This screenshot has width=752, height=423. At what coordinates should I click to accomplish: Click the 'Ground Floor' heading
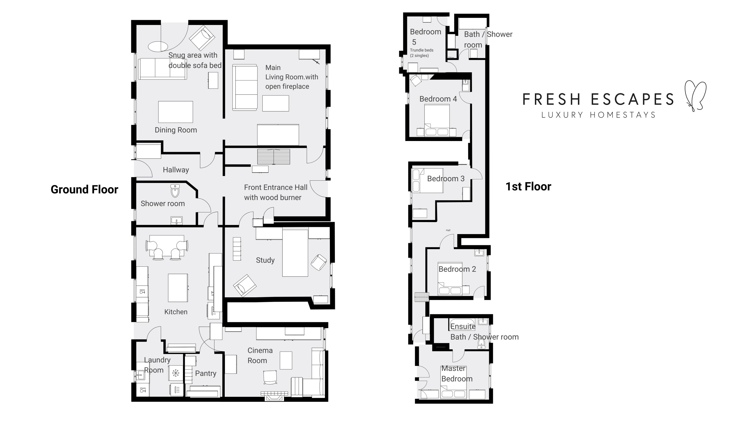point(84,189)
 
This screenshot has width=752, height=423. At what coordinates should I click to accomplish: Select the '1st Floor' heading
point(528,187)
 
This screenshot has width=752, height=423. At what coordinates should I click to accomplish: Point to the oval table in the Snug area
point(158,46)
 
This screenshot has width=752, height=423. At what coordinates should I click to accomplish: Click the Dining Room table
point(176,112)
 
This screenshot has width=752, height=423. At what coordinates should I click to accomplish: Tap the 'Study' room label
point(265,260)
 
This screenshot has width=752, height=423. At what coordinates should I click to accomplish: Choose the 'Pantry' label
point(206,373)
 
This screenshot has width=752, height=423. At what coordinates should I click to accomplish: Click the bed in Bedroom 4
point(437,120)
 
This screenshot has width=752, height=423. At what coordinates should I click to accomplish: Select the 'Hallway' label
point(176,170)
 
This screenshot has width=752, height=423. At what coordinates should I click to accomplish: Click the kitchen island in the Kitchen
point(178,288)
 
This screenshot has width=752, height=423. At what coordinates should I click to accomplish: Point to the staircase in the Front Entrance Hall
point(274,157)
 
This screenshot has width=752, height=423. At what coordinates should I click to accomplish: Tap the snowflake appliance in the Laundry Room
point(176,373)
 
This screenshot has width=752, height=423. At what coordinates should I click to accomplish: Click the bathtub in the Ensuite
point(462,325)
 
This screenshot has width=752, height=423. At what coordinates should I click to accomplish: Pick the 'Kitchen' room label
point(176,312)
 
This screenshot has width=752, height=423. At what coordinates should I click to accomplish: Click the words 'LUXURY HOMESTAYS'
point(599,115)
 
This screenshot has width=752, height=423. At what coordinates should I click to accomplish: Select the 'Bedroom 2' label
point(457,269)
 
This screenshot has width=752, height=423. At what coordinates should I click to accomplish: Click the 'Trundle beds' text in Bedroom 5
point(422,50)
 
